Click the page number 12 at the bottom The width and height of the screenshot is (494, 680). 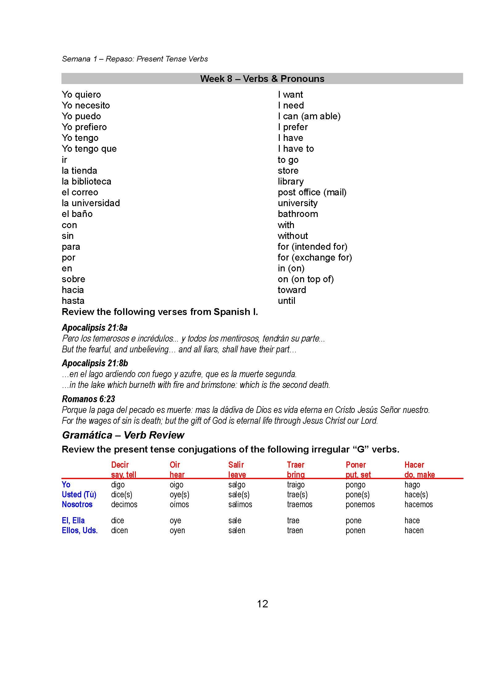[x=262, y=604]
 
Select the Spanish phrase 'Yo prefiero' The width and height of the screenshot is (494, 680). [x=84, y=127]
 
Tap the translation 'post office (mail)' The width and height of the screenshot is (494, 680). [x=312, y=192]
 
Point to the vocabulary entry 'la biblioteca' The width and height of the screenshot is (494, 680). [x=86, y=181]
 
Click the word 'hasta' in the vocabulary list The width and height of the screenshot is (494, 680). [x=73, y=301]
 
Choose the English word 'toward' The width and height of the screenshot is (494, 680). [x=292, y=290]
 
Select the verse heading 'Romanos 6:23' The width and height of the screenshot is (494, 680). [x=88, y=399]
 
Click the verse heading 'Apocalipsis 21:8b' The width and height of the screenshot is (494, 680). [x=95, y=363]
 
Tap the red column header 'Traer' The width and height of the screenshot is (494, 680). [x=295, y=465]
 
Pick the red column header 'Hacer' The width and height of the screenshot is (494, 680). [x=414, y=465]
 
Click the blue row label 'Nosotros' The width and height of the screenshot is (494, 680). [x=77, y=504]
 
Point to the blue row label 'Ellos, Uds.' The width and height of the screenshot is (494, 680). [x=80, y=530]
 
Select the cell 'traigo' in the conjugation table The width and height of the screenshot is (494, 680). [x=295, y=485]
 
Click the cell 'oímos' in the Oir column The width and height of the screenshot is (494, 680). [x=179, y=504]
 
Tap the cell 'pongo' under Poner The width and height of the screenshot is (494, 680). [x=355, y=485]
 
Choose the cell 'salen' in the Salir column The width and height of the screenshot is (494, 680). [x=237, y=530]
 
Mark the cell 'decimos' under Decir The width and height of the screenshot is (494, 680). [x=124, y=504]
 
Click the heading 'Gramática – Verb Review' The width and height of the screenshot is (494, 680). [x=123, y=435]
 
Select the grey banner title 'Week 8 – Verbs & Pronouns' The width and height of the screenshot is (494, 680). [x=262, y=79]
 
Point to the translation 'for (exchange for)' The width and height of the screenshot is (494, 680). [x=315, y=257]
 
